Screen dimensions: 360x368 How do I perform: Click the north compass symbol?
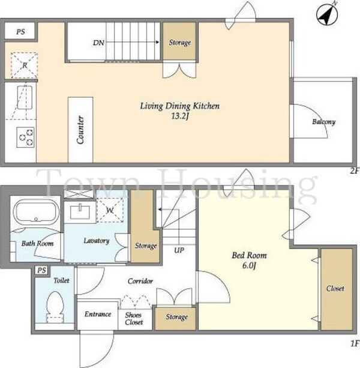(327, 14)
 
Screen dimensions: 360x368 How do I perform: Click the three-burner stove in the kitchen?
(25, 137)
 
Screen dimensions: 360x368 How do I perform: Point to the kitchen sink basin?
(25, 97)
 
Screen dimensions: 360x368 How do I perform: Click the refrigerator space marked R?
(24, 65)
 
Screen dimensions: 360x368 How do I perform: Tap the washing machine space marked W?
(110, 210)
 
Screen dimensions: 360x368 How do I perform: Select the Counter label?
(80, 130)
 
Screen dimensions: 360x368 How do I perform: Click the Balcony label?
(323, 122)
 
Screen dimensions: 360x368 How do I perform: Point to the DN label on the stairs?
(98, 43)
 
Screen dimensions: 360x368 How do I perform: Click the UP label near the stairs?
(179, 250)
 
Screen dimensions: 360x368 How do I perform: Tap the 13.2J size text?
(180, 116)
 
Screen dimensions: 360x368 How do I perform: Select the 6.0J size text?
(249, 265)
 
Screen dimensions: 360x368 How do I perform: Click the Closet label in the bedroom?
(335, 288)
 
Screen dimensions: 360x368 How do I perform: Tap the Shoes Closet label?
(134, 319)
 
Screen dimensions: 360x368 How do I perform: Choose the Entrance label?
(98, 314)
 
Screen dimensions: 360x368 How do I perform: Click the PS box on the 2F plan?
(20, 31)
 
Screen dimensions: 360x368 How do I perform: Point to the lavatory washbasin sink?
(80, 212)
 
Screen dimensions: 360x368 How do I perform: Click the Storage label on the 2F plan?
(180, 43)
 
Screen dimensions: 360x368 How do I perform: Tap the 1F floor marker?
(355, 344)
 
